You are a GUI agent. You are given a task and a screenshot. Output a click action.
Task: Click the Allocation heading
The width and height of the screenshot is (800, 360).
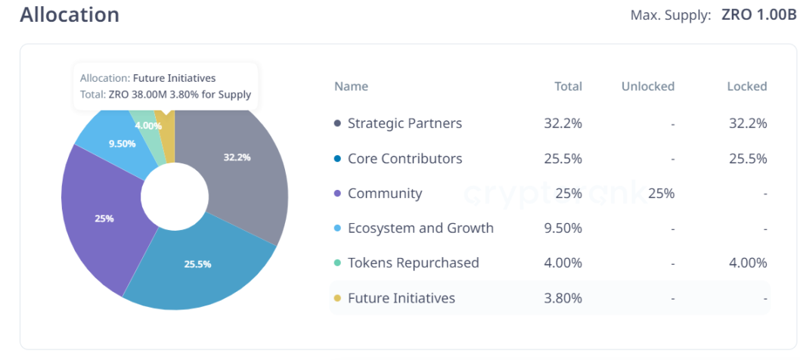[x=70, y=15]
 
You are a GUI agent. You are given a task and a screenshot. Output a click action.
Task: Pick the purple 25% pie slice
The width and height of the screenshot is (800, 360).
[x=102, y=219]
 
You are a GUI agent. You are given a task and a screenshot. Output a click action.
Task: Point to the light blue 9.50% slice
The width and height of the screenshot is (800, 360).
[x=121, y=144]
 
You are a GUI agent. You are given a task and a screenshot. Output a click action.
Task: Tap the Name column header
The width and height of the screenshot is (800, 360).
[x=351, y=86]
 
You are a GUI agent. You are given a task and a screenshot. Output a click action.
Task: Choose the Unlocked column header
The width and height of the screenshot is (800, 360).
[x=647, y=86]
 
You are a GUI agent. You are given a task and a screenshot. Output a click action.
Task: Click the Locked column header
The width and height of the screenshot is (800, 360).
[x=746, y=86]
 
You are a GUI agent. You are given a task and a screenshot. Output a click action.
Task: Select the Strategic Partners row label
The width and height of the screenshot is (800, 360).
[x=405, y=123]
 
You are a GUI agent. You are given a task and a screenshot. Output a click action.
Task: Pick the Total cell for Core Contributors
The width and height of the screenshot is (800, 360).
[x=563, y=159]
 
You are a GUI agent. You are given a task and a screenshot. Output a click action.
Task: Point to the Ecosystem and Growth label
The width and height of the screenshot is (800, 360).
[x=420, y=228]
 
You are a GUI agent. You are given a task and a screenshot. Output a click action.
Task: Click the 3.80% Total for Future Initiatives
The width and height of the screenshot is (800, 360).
[x=563, y=298]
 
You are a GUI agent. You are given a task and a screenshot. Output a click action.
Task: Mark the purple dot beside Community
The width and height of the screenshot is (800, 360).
[x=337, y=194]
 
